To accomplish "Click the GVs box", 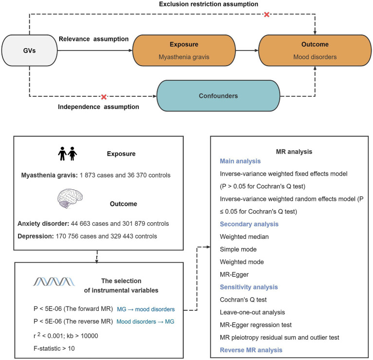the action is (x=30, y=51).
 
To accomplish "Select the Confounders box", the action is (x=218, y=96).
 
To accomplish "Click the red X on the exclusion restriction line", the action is (x=266, y=15).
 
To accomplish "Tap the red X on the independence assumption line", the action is (x=104, y=97).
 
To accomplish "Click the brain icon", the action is (x=70, y=198).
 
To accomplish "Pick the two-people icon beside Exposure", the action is (x=68, y=154).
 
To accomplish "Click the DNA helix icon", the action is (x=54, y=282).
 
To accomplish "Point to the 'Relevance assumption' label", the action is (x=94, y=39).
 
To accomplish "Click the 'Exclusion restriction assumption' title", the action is (x=209, y=4).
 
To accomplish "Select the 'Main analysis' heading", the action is (x=240, y=161).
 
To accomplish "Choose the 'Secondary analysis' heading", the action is (x=249, y=224).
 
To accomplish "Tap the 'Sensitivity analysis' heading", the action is (x=249, y=287).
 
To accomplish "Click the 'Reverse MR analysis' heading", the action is (x=251, y=350).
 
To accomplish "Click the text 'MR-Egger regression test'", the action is (x=256, y=325).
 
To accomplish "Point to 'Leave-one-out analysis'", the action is (x=252, y=312).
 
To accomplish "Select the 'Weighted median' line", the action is (x=244, y=237).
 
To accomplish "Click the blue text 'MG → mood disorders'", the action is (x=146, y=309).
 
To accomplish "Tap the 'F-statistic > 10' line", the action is (x=54, y=349).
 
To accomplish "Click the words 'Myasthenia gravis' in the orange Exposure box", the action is (x=184, y=57).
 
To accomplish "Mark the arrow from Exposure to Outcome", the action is (x=247, y=51).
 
